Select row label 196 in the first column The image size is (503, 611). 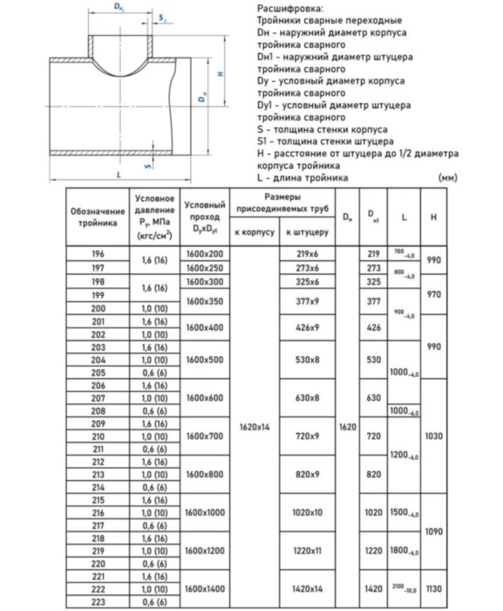pos(97,253)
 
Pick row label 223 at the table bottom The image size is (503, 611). pos(97,601)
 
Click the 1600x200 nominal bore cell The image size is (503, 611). pos(205,253)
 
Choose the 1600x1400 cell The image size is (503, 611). pos(205,589)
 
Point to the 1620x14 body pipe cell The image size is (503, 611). pos(254,427)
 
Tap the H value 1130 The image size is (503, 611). pos(433,589)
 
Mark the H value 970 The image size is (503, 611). pos(433,294)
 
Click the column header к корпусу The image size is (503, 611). pos(254,233)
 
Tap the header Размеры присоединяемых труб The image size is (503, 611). pos(282,203)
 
